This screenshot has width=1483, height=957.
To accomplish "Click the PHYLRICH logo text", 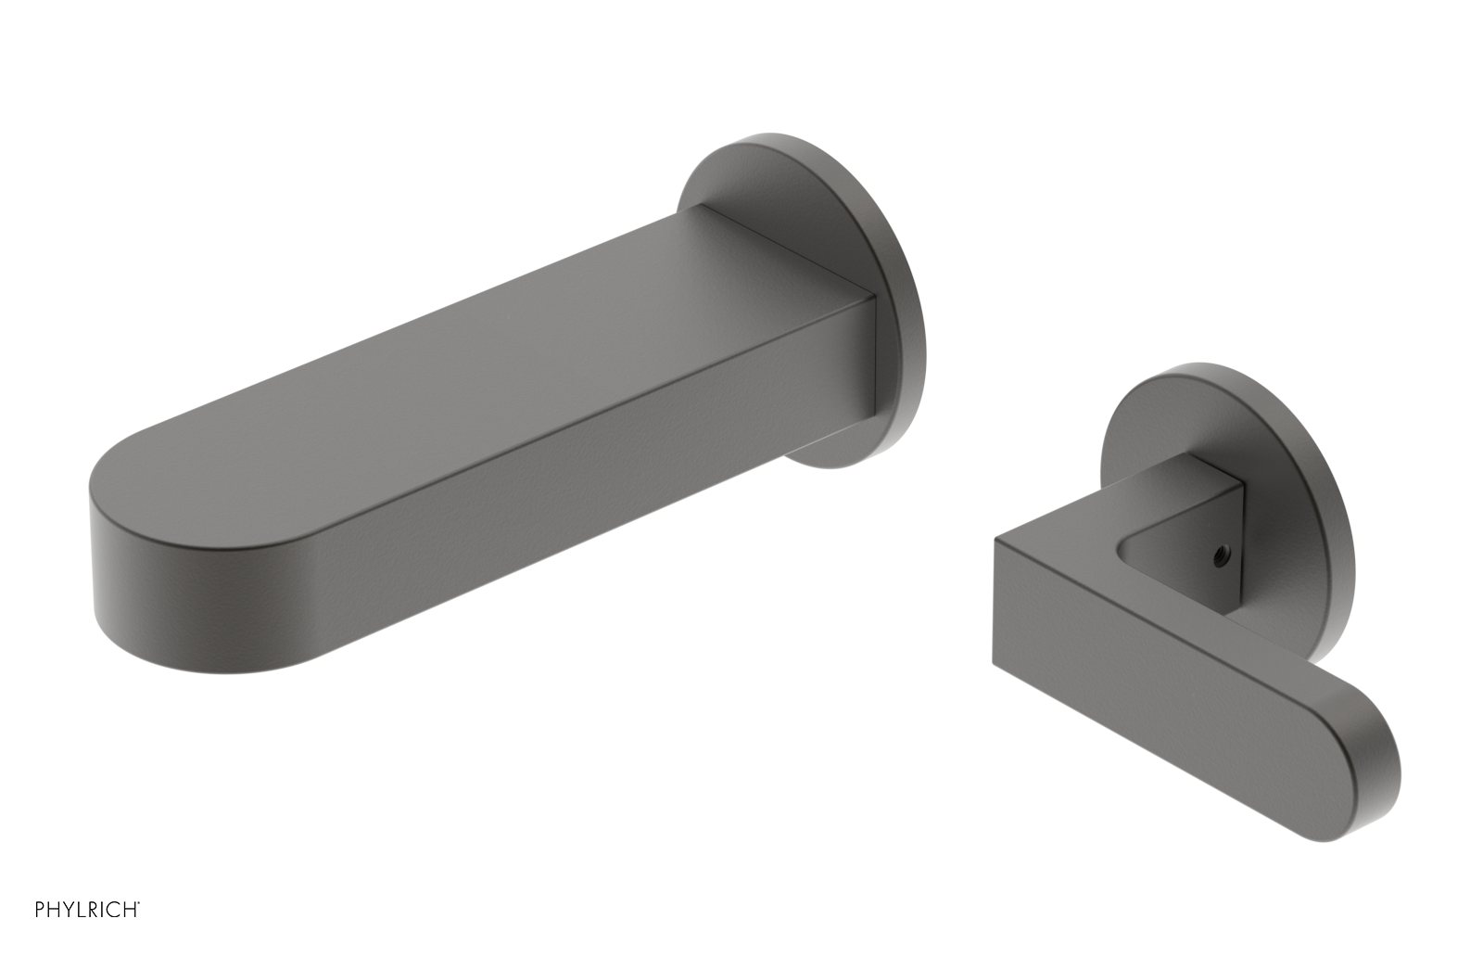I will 86,910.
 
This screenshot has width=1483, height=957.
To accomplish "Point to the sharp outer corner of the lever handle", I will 997,541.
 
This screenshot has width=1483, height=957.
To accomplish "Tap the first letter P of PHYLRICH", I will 40,910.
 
